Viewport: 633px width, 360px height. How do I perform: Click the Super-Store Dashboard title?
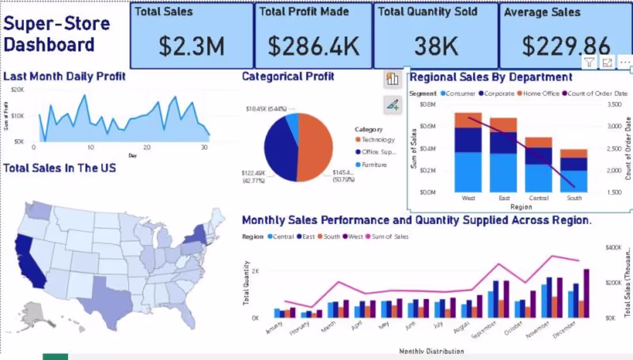pos(56,34)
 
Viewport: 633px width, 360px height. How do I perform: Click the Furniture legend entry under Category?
pos(373,165)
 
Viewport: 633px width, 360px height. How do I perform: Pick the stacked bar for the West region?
pos(468,152)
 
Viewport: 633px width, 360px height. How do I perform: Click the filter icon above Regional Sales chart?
pos(589,63)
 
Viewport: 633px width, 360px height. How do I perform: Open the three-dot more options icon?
pos(624,63)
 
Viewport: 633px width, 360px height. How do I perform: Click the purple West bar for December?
pos(586,293)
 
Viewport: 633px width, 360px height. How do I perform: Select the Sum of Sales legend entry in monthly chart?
pos(390,237)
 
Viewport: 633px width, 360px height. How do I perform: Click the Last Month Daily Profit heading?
pos(64,76)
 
